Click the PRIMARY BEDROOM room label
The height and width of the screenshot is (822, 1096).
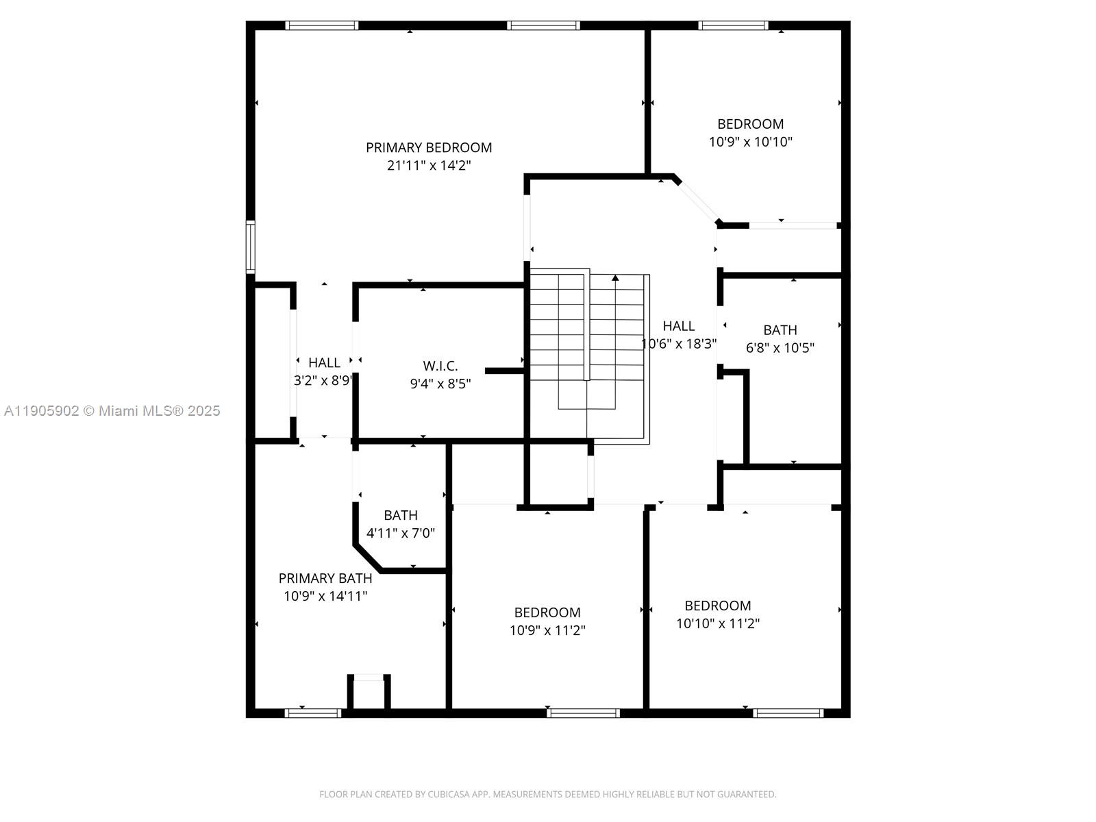coord(429,147)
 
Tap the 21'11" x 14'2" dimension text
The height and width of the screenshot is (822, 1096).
coord(429,165)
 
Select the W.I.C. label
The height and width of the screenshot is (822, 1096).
coord(440,366)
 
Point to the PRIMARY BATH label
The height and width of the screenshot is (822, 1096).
coord(325,578)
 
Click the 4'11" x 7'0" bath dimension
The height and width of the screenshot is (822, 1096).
coord(401,533)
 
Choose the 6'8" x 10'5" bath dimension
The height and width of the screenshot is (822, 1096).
coord(780,347)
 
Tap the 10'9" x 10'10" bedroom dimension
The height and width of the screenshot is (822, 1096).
coord(751,142)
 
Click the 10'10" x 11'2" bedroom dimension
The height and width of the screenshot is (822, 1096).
coord(718,623)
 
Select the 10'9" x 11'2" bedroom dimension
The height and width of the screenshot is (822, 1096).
coord(547,630)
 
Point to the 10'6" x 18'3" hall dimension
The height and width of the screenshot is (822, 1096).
coord(679,344)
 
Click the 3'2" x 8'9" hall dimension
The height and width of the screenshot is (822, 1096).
coord(323,381)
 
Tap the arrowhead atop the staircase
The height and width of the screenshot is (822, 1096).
coord(615,278)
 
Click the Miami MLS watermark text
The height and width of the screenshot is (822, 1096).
coord(112,411)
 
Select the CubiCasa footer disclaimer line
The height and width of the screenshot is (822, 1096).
coord(548,795)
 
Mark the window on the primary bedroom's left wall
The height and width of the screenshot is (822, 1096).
coord(251,247)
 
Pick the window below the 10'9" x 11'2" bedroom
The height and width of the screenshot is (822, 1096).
coord(584,713)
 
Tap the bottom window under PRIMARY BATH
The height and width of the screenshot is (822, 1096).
coord(312,713)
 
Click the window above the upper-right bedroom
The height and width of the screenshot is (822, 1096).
coord(733,26)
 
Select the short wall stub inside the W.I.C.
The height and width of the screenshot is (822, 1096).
coord(504,371)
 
